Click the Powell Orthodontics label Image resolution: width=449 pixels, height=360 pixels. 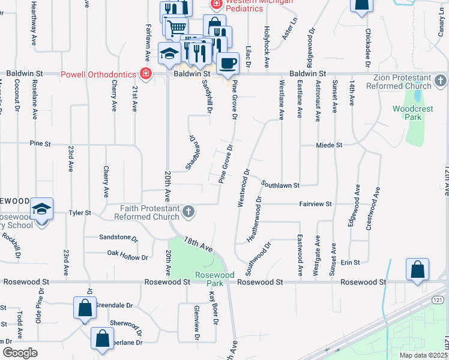(98, 75)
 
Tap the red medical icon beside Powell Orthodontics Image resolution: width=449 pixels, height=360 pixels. (145, 74)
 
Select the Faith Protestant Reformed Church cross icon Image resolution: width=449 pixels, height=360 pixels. (188, 211)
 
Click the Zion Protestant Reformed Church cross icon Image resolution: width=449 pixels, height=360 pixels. (441, 80)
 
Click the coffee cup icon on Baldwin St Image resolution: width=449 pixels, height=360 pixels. (227, 62)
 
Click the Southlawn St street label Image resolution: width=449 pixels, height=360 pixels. (280, 186)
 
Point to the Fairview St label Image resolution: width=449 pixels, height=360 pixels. (316, 204)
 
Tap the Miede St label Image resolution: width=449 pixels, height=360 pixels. (329, 145)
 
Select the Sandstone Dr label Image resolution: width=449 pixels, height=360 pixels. (119, 237)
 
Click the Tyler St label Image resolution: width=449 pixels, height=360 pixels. (79, 213)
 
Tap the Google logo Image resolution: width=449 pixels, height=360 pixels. (20, 353)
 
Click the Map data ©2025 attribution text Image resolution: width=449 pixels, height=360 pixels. (423, 355)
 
